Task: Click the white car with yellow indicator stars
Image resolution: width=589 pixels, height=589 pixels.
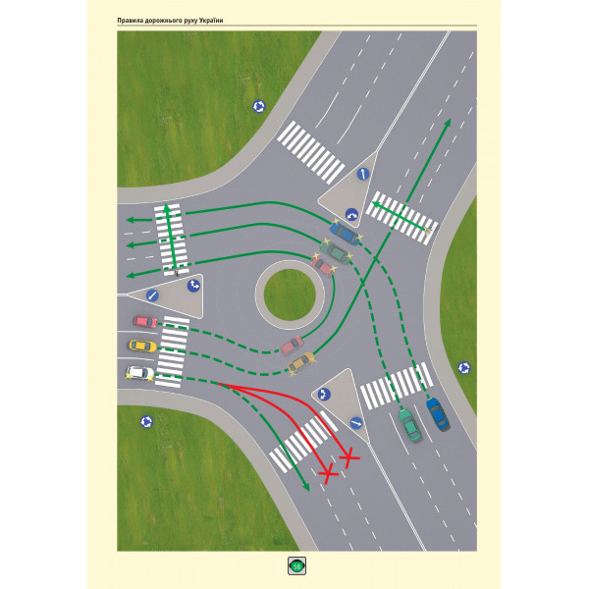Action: tap(139, 373)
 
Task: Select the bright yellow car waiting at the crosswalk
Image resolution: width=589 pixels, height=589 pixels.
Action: tap(142, 346)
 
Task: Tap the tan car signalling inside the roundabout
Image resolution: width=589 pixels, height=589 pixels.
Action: tap(300, 362)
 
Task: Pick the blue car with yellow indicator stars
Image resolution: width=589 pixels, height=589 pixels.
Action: tap(345, 233)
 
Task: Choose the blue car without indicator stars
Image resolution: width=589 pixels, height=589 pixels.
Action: tap(438, 414)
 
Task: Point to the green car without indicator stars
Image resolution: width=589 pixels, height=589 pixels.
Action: tap(409, 425)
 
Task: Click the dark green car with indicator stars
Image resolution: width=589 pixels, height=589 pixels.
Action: tap(335, 251)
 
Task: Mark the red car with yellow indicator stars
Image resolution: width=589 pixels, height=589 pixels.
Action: tap(322, 265)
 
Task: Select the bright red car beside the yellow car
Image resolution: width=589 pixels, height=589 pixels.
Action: tap(145, 322)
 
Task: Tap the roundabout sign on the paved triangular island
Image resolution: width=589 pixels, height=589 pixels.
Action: tap(324, 395)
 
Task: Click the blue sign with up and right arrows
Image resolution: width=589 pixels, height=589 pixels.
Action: tap(193, 286)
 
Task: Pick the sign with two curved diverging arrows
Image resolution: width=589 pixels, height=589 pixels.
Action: tap(351, 215)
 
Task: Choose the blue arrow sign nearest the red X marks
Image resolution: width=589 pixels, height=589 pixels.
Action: tap(356, 423)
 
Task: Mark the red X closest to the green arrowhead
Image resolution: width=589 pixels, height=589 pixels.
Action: tap(328, 474)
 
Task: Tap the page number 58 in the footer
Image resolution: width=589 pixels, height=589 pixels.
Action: tap(296, 566)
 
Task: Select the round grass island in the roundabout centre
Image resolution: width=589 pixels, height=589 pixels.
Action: tap(290, 294)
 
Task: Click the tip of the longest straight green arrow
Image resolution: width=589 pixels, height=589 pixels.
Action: tap(450, 119)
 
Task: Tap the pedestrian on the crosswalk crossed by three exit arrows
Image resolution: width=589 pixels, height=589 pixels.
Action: tap(176, 272)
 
